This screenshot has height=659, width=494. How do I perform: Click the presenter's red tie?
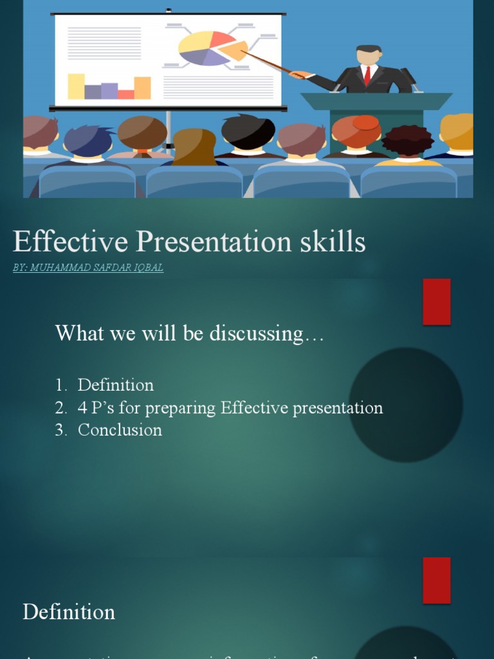367,76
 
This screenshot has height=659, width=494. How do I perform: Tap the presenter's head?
368,55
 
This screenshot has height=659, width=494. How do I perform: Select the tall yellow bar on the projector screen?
77,86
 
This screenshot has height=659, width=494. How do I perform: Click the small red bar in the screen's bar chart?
126,95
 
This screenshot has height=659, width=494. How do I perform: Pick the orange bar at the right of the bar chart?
142,88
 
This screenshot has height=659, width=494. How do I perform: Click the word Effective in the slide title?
70,243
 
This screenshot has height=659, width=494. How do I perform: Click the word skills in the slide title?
332,243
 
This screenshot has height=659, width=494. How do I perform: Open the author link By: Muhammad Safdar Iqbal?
88,268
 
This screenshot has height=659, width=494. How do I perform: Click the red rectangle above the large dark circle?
436,302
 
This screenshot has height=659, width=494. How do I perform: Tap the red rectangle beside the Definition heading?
436,580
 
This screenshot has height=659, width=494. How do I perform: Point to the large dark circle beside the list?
405,405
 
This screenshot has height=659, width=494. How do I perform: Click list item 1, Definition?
115,385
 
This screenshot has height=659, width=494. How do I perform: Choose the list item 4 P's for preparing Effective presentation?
230,407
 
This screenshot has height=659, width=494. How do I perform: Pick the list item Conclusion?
120,430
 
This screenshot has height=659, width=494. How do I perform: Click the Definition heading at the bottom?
69,611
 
